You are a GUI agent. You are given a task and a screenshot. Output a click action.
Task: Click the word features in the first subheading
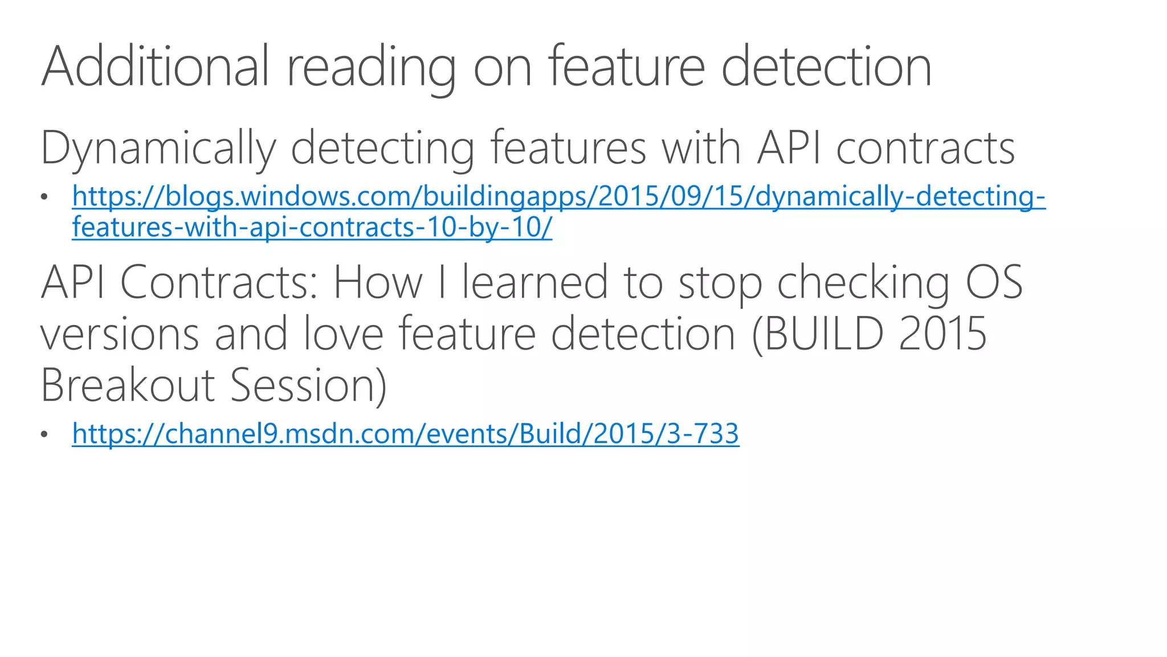pos(568,147)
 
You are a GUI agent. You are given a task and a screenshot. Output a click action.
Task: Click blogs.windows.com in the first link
pos(285,196)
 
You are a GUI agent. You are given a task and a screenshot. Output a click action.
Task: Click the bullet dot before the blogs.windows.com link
pos(44,197)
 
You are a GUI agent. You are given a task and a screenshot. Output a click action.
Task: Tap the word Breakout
pos(127,385)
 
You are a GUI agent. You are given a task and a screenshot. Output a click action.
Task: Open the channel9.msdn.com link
pos(405,433)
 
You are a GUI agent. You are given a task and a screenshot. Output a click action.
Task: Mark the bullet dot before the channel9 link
pos(44,435)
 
